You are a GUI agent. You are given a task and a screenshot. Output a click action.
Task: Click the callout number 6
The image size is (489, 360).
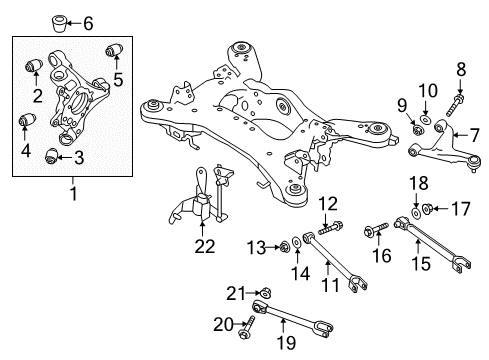tap(87, 22)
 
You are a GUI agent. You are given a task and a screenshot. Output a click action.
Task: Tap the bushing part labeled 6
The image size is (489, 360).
tap(59, 21)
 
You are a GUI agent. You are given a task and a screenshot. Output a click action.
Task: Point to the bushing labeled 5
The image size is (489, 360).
tap(114, 50)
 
